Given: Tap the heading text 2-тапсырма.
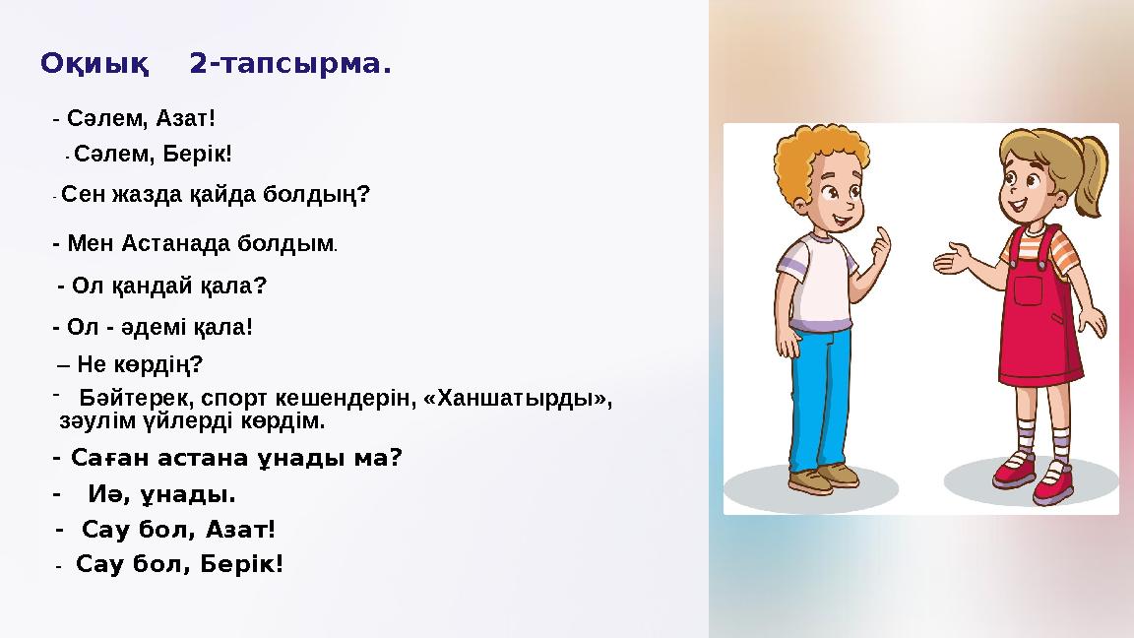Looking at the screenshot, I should [290, 65].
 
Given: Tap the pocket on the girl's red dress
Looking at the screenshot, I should [1027, 290].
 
